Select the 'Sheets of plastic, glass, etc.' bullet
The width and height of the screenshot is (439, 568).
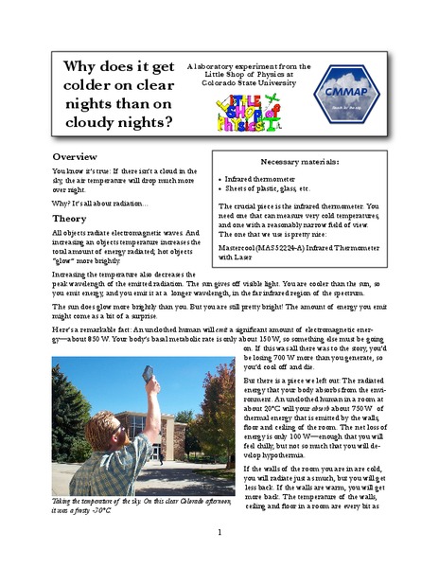272,189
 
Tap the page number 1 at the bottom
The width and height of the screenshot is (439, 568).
219,533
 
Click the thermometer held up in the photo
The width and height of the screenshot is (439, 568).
149,376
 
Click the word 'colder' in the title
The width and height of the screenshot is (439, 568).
88,94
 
